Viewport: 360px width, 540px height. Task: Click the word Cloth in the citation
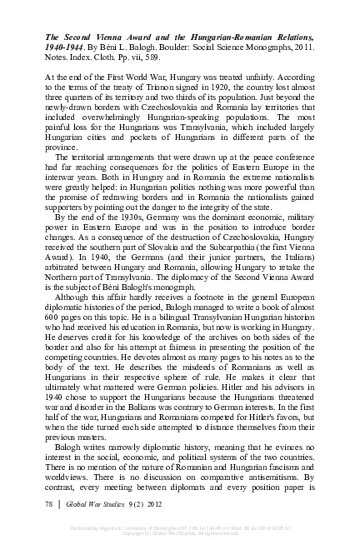(x=113, y=58)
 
